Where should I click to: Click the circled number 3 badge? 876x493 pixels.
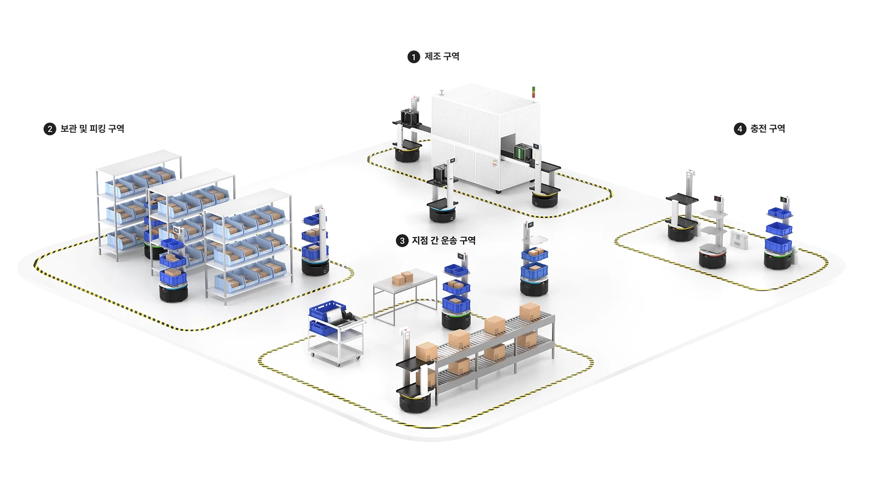tap(402, 241)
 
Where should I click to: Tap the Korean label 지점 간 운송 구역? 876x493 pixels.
tap(443, 240)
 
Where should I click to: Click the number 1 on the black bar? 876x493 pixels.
tap(413, 57)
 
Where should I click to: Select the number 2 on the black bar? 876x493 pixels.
tap(50, 129)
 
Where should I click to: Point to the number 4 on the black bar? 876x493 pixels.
tap(740, 129)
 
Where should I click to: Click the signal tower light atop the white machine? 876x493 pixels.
tap(533, 91)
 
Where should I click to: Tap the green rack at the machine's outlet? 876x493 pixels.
tap(522, 151)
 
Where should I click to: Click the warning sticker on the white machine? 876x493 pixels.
tap(494, 163)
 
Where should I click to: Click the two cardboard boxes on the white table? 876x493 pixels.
tap(403, 278)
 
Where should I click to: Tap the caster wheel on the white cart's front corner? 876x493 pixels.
tap(337, 364)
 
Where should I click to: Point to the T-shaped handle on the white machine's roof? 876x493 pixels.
tap(442, 91)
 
